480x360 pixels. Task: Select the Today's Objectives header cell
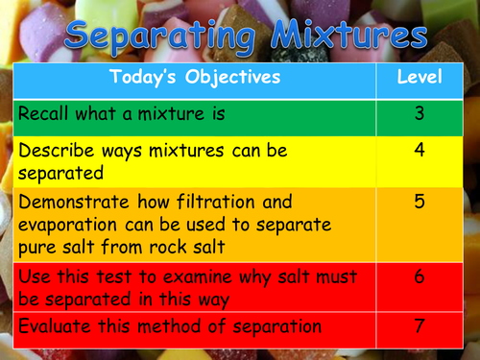pyautogui.click(x=194, y=76)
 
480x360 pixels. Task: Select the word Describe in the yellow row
pyautogui.click(x=56, y=151)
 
